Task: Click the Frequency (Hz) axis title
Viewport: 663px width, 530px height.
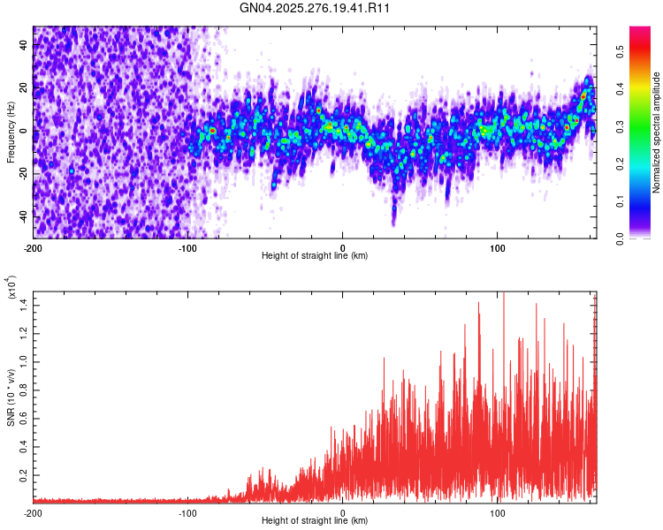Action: (x=11, y=132)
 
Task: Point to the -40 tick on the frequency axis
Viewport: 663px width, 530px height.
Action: (x=23, y=216)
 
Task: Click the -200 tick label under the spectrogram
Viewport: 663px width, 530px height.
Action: (x=34, y=246)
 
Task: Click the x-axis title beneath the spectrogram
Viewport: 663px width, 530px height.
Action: (x=315, y=255)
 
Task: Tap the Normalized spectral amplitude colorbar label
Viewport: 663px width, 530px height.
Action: (x=657, y=132)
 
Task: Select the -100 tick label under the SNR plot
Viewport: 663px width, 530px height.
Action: (x=187, y=513)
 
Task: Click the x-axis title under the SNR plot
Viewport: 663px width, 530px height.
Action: (x=315, y=522)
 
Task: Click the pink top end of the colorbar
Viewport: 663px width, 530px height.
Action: (x=639, y=32)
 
